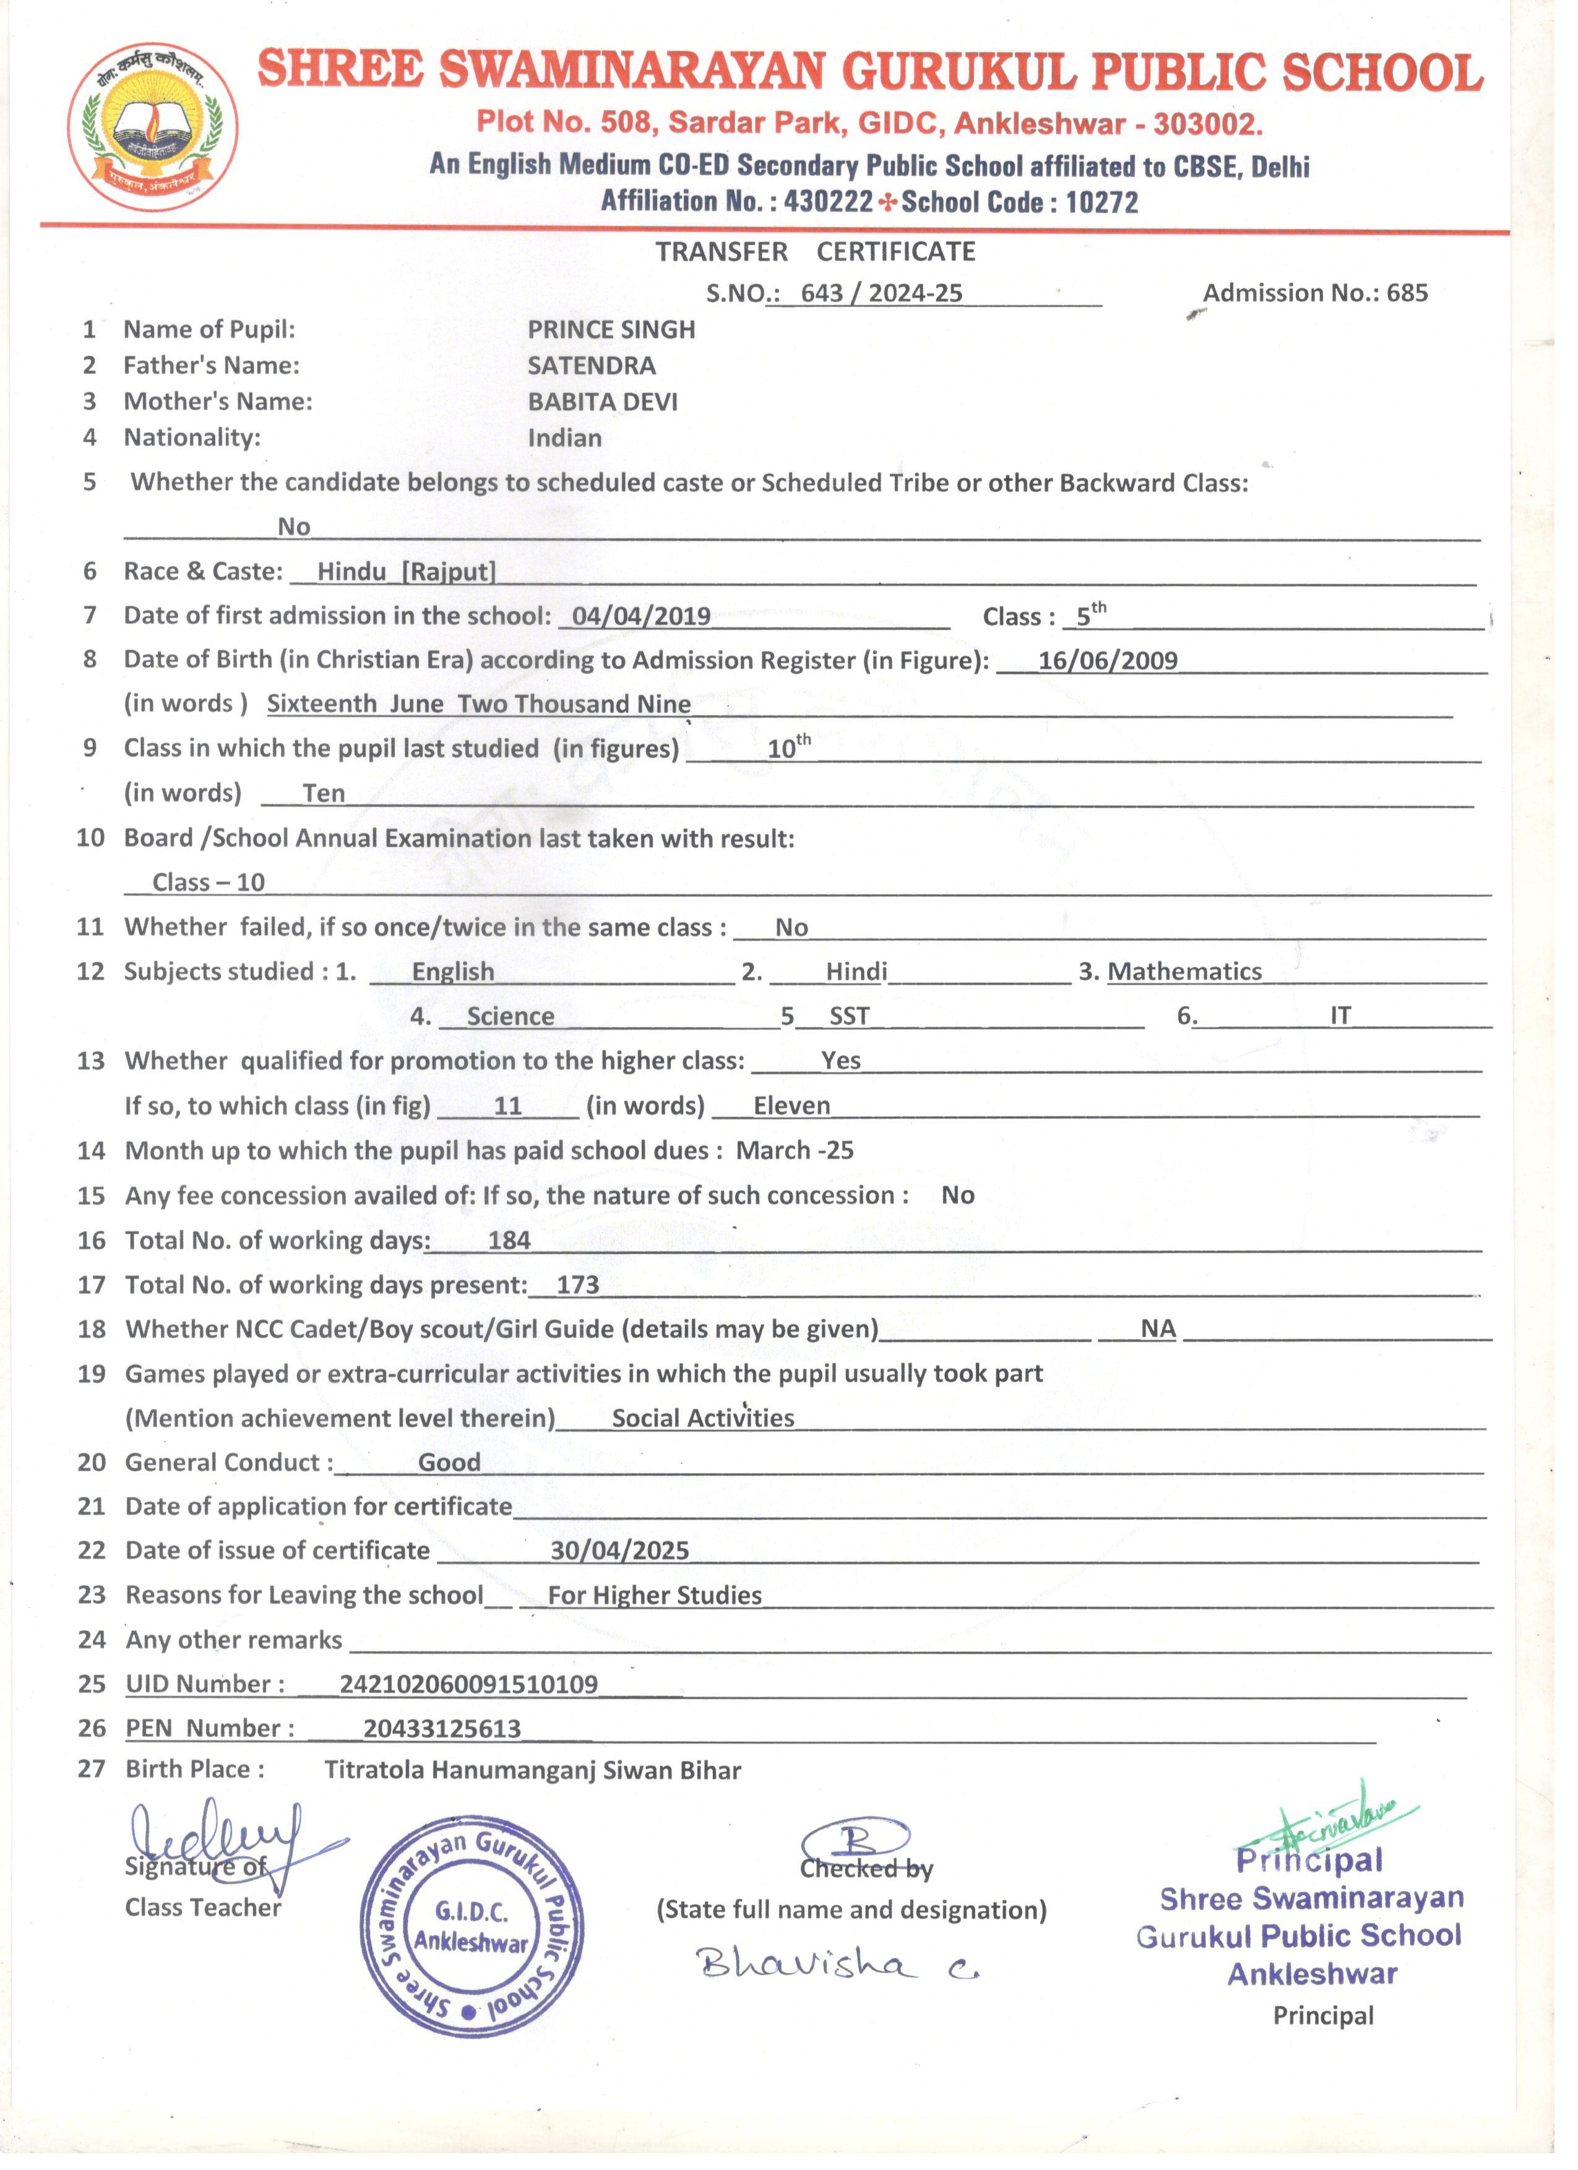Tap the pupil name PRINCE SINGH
pos(611,330)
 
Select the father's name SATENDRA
pos(592,366)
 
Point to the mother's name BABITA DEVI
pos(602,403)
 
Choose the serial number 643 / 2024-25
pos(881,294)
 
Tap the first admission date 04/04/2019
pos(641,617)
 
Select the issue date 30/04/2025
pos(619,1551)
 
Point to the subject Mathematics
pos(1184,972)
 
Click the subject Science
pos(510,1017)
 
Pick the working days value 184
pos(509,1241)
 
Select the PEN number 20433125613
pos(442,1729)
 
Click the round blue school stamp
pos(472,1927)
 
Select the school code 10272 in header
pos(1102,203)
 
